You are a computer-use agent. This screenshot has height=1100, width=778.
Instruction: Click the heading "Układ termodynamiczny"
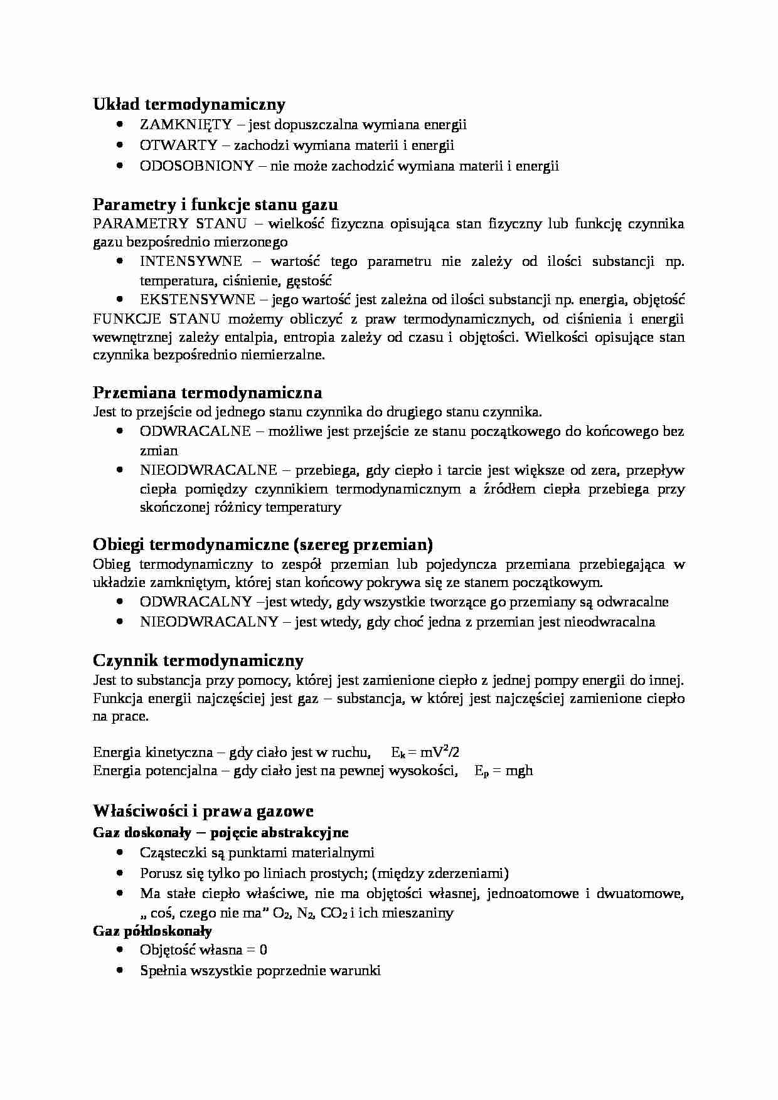tap(189, 104)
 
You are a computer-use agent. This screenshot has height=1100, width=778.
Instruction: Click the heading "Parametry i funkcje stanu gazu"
tap(215, 204)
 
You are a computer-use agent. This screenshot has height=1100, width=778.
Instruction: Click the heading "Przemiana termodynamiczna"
tap(207, 393)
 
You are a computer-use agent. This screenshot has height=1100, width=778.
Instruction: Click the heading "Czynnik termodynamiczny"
tap(198, 660)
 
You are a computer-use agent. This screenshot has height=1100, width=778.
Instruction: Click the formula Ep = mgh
tap(504, 771)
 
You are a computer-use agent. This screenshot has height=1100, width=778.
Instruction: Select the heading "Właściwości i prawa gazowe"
tap(203, 812)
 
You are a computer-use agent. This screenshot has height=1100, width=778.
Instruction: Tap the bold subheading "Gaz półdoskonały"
tap(152, 931)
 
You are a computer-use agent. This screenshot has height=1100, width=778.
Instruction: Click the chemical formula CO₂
tap(333, 913)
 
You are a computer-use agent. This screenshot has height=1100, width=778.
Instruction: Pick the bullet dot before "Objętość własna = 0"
tap(120, 950)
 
